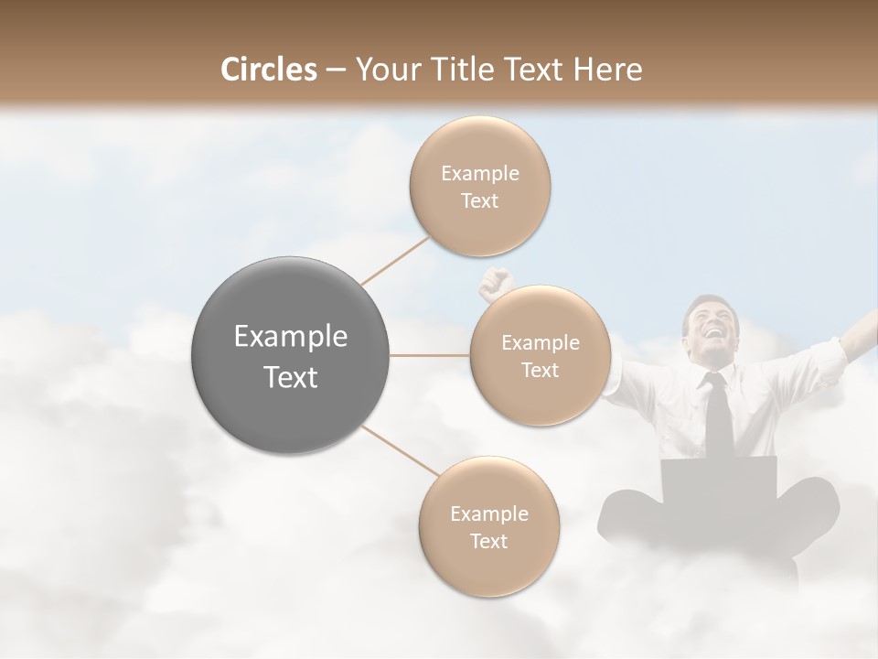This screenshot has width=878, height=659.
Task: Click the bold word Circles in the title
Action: [x=269, y=70]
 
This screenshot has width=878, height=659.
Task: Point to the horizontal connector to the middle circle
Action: [x=430, y=355]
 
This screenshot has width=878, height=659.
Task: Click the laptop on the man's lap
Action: [x=720, y=481]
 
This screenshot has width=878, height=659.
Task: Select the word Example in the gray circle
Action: [x=291, y=337]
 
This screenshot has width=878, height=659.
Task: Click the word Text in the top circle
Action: [x=480, y=201]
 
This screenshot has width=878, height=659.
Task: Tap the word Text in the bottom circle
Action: [x=489, y=542]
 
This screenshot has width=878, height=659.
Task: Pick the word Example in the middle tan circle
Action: [x=541, y=343]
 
